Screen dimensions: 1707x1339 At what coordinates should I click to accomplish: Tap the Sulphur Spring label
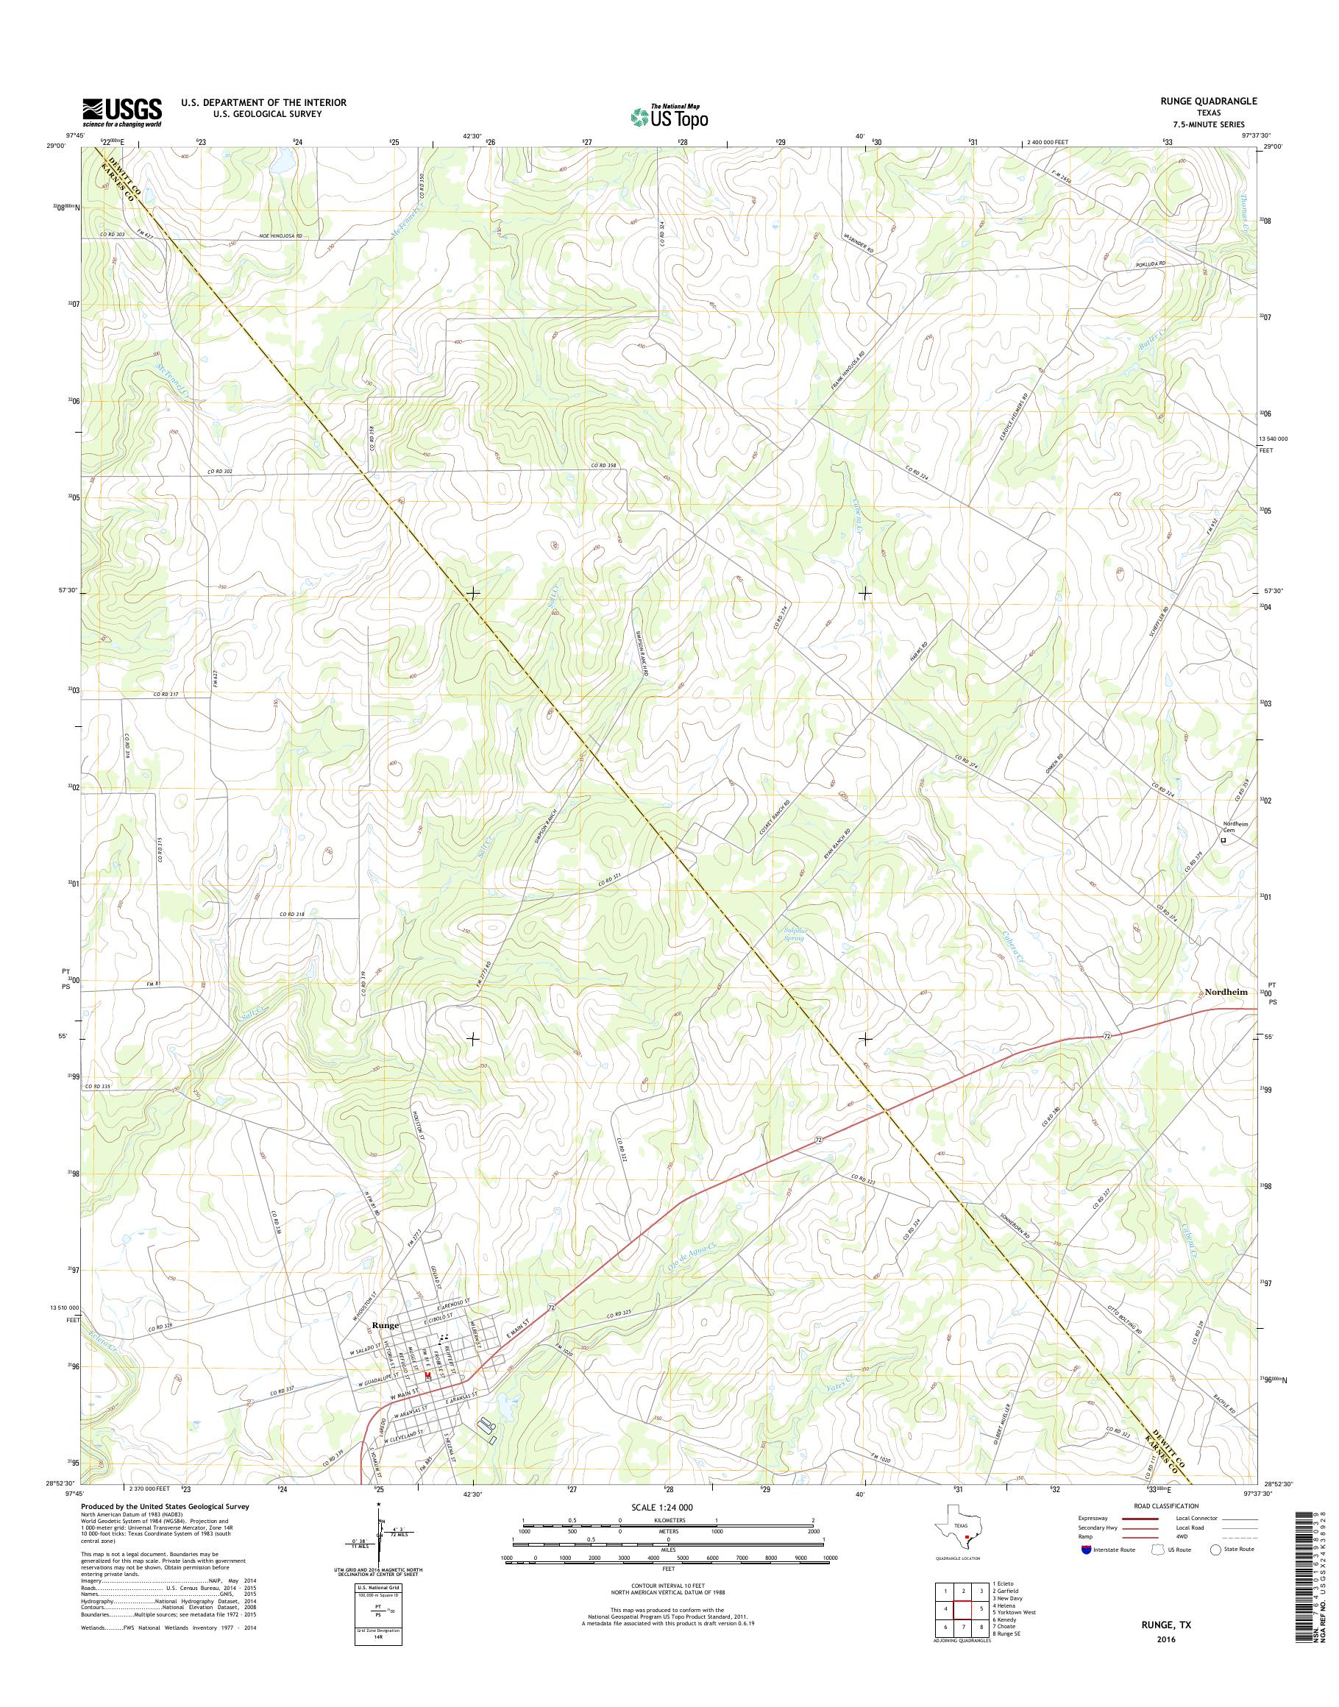tap(794, 933)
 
